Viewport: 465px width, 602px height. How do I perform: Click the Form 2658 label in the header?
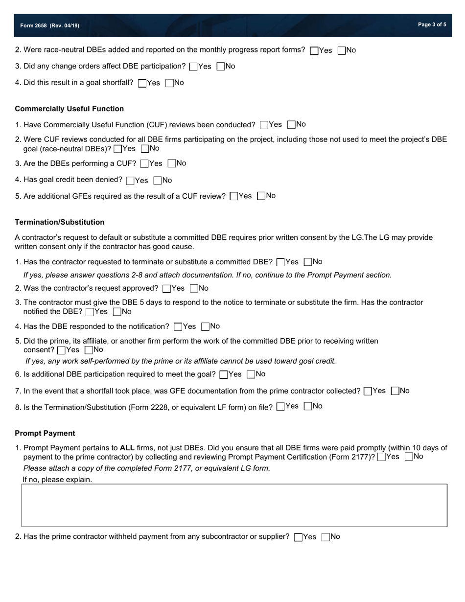[49, 25]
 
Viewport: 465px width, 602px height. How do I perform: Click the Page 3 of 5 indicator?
[432, 24]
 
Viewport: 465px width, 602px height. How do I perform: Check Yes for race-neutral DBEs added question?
[315, 51]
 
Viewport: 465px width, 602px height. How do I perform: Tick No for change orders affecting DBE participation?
[221, 67]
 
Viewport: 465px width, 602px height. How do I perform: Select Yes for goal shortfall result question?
[142, 83]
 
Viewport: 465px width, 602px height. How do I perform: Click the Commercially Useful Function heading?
[69, 109]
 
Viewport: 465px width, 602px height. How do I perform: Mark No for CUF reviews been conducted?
[292, 125]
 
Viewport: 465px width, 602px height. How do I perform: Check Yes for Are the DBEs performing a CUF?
[144, 164]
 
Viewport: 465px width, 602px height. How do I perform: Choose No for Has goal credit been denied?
[158, 181]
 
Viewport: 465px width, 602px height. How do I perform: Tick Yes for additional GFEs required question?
[234, 197]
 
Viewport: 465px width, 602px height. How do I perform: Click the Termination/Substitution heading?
[59, 222]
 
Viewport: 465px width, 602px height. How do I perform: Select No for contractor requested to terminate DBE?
[308, 262]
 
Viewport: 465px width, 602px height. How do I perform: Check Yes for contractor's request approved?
[167, 289]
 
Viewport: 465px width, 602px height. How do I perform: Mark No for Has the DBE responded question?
[206, 327]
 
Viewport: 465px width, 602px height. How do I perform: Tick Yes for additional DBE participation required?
[224, 375]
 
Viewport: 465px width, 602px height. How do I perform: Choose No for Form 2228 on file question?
[308, 407]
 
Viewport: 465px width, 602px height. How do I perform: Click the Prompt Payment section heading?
[45, 433]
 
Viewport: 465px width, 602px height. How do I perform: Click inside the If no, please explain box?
[234, 505]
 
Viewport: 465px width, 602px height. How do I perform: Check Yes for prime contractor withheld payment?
[299, 537]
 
